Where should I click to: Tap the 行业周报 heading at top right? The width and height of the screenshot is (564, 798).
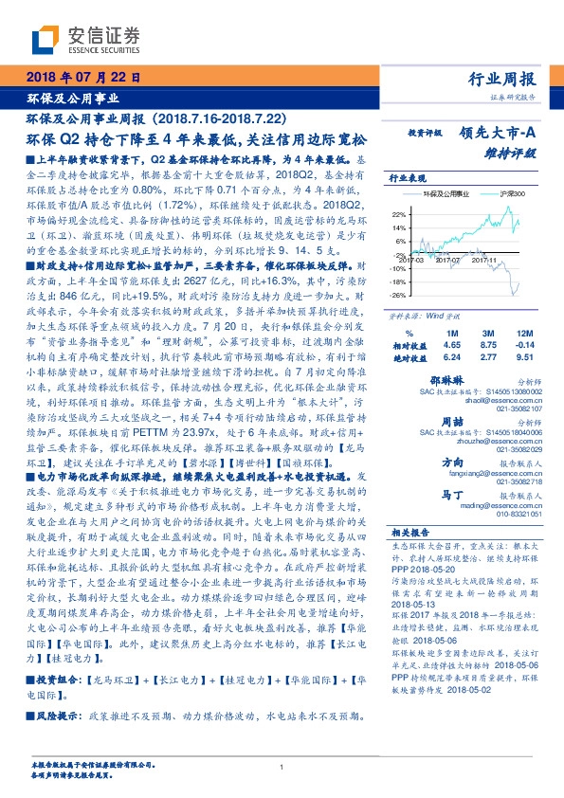[x=504, y=79]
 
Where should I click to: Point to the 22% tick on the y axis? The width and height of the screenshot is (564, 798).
[x=395, y=215]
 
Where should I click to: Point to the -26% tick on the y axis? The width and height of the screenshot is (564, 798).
[x=395, y=295]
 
